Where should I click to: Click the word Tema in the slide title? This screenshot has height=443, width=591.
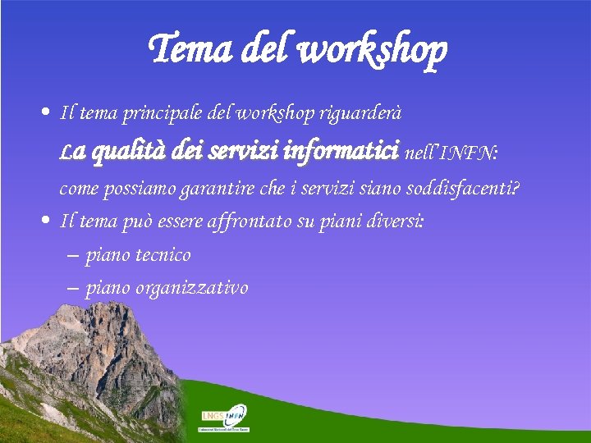(x=191, y=49)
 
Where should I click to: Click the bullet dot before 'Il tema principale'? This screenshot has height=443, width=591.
(x=47, y=111)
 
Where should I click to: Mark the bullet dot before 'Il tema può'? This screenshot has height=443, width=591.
(x=47, y=221)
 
